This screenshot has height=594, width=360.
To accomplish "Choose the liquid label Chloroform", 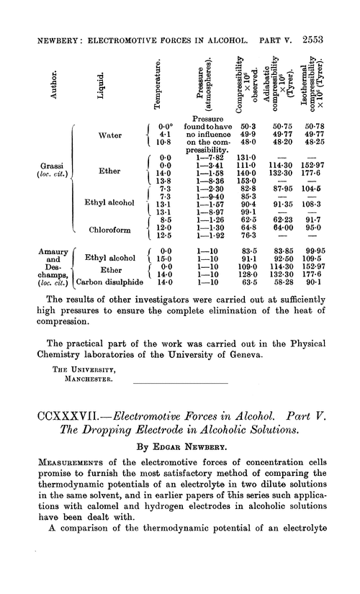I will coord(108,231).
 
